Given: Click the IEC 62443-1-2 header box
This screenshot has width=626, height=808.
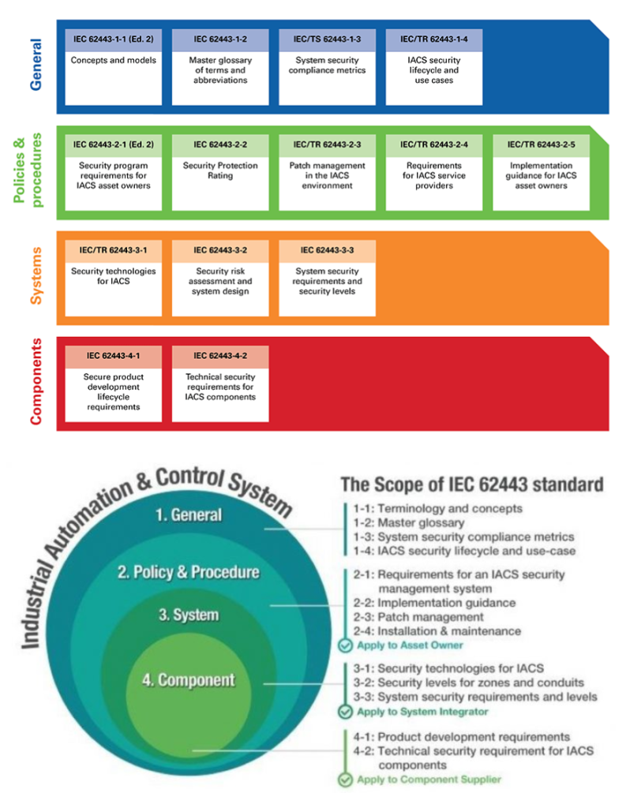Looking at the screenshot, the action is pos(220,39).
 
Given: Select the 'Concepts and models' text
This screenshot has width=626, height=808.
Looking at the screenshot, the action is pos(114,60).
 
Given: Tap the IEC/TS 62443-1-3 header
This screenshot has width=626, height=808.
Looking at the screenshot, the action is pos(327,39).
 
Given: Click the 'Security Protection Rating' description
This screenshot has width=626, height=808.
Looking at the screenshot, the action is pos(220,170).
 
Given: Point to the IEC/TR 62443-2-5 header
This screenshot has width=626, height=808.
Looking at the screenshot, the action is pos(541,145).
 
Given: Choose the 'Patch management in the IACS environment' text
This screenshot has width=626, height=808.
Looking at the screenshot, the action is pos(327,176).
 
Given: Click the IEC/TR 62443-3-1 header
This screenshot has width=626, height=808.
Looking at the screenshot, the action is pos(114,251).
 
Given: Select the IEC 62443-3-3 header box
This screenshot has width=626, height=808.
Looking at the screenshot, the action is pos(327,251).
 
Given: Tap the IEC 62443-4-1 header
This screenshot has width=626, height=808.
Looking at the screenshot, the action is pos(114,357).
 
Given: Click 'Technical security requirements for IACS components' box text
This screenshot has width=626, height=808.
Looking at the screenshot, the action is pos(220,387).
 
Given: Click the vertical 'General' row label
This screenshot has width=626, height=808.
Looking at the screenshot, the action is pos(36,65).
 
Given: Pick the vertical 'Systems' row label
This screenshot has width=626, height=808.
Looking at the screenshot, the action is pos(36,275).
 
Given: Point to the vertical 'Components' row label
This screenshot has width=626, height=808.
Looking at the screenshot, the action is pos(36,382).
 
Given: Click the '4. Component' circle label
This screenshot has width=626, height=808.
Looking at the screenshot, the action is pos(189,680).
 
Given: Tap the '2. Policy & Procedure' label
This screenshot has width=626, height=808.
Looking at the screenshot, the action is pos(189,572).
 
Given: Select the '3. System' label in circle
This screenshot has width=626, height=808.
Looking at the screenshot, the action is pos(189,615).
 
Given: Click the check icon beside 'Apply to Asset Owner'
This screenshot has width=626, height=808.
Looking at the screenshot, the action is pos(345,645).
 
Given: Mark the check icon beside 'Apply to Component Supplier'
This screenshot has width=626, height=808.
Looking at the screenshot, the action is pos(345,780).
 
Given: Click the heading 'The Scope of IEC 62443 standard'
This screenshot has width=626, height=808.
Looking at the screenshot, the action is pos(472,484).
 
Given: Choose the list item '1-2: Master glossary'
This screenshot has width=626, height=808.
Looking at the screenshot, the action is pos(408,523).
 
